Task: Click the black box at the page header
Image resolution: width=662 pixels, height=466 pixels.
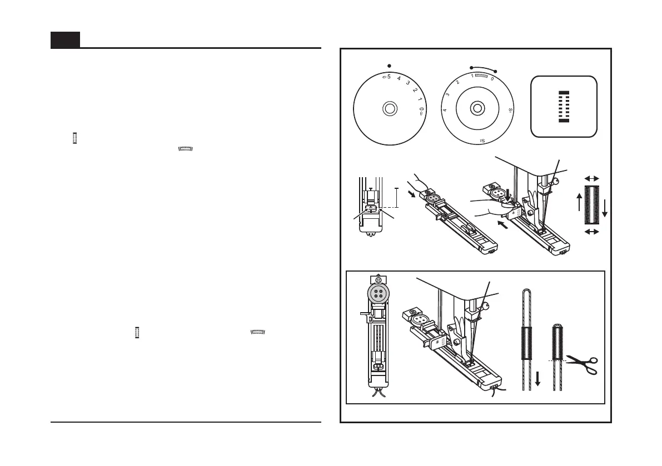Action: point(65,40)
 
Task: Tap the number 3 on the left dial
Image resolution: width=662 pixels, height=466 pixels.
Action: point(407,83)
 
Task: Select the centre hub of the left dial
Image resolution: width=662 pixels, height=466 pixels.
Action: point(389,108)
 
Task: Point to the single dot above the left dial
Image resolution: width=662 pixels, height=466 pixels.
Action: point(389,64)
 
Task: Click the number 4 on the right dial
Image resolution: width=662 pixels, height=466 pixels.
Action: point(445,110)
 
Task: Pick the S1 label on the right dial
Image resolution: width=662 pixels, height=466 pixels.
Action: point(510,111)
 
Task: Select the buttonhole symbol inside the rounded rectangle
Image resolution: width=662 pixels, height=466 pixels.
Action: point(564,106)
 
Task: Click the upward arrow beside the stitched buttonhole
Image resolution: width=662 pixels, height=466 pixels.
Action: point(580,203)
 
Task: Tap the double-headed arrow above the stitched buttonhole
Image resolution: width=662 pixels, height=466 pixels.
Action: point(592,178)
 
